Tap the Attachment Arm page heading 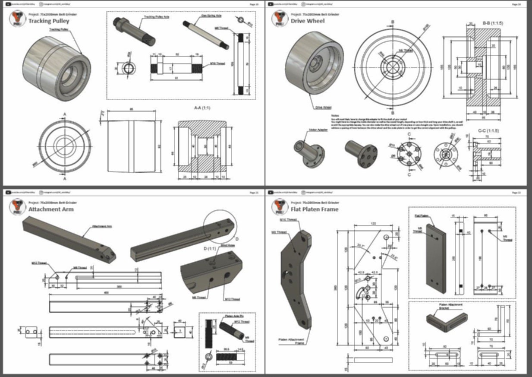pos(51,209)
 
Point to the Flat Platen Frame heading pos(314,209)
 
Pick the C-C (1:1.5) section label pos(488,130)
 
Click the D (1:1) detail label pos(211,248)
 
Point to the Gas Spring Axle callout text pos(211,16)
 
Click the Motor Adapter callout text pos(318,130)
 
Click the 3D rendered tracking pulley pos(57,69)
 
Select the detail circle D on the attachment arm pos(220,224)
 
